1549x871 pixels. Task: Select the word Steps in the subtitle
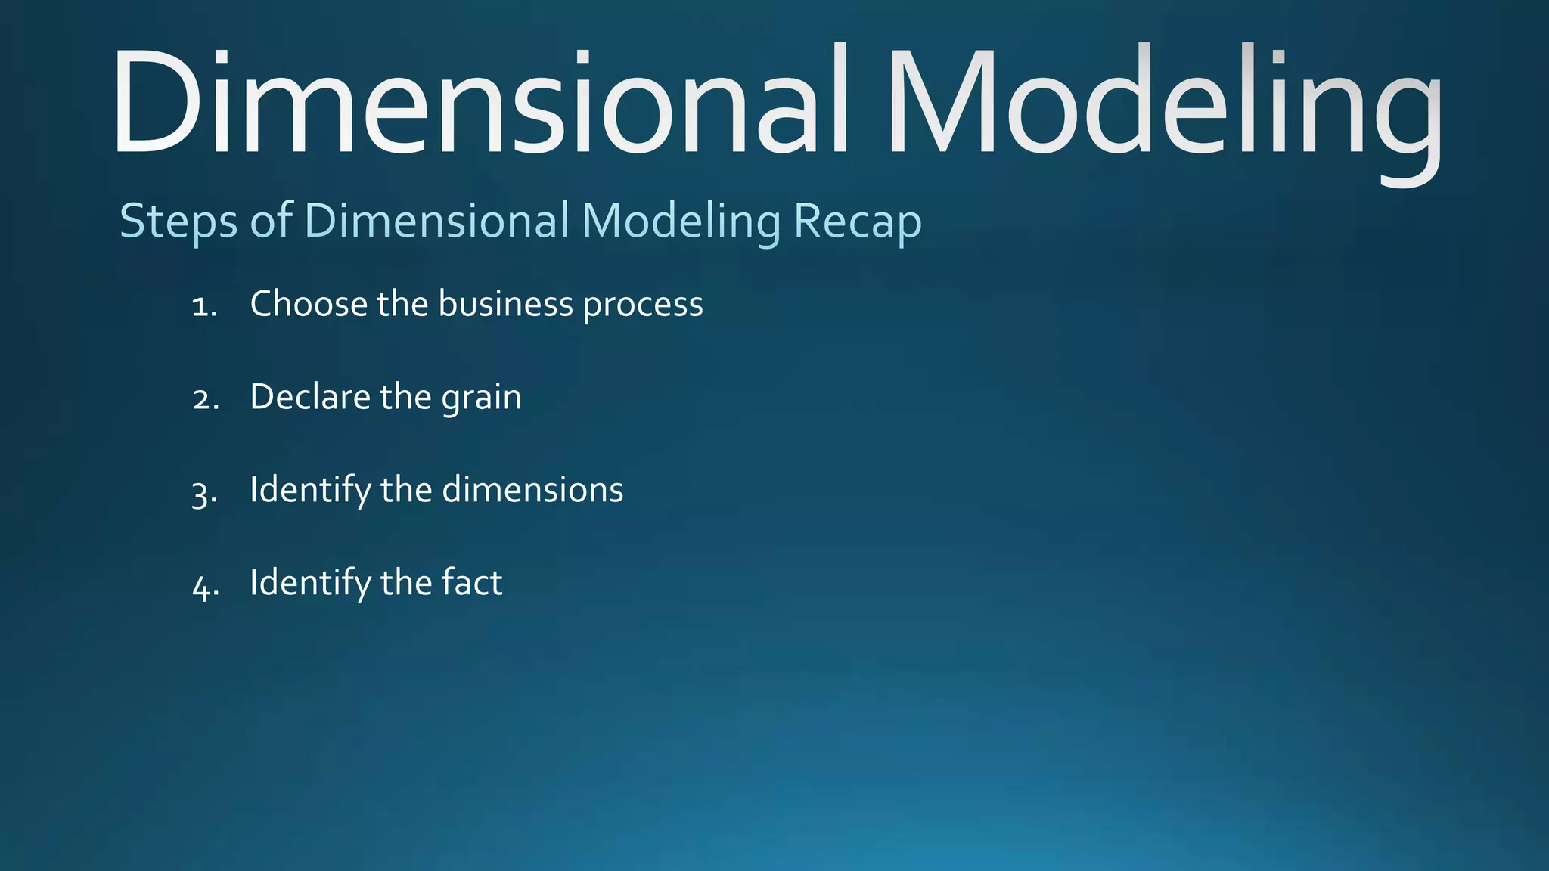(178, 222)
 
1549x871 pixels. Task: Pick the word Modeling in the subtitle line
(681, 222)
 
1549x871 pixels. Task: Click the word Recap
(858, 222)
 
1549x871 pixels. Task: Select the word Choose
(308, 304)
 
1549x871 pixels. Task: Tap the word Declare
(309, 397)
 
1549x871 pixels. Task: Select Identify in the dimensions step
(310, 490)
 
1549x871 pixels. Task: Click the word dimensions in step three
(532, 490)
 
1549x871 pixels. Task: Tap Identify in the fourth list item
(310, 583)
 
